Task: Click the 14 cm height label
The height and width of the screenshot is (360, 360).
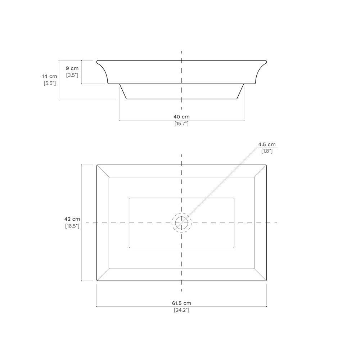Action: point(50,76)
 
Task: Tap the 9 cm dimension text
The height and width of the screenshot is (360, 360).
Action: point(72,68)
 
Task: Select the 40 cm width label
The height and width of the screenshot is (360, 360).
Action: point(181,117)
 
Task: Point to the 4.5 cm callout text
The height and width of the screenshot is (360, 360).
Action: point(267,144)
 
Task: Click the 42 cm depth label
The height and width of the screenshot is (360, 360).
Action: point(72,219)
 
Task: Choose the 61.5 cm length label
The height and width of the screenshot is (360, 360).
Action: point(181,303)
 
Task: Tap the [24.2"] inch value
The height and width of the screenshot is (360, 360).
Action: point(181,310)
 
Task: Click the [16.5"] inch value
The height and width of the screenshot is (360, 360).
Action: point(72,226)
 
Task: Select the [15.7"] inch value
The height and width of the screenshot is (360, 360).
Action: point(181,124)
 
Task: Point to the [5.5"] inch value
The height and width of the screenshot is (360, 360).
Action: point(50,84)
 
